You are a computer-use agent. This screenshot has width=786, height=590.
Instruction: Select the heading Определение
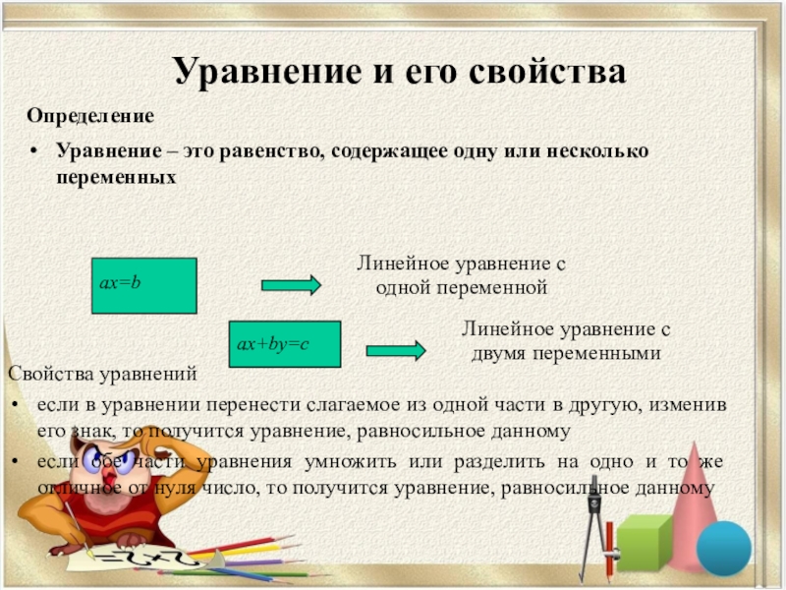(90, 116)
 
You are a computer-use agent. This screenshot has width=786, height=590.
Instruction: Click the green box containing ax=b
(144, 286)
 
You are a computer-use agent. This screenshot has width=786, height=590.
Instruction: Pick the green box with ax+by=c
(285, 344)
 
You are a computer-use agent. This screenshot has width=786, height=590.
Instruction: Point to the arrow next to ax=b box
(291, 285)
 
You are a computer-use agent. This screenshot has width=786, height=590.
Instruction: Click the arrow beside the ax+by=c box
(396, 350)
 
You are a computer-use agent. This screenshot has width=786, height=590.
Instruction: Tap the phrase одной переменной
(461, 288)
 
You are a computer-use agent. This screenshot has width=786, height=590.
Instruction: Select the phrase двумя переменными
(566, 353)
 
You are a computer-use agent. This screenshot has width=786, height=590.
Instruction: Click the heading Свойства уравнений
(103, 374)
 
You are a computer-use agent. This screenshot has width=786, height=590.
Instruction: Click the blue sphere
(724, 548)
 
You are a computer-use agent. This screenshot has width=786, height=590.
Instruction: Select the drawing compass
(594, 532)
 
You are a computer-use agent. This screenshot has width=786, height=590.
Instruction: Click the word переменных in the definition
(116, 178)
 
